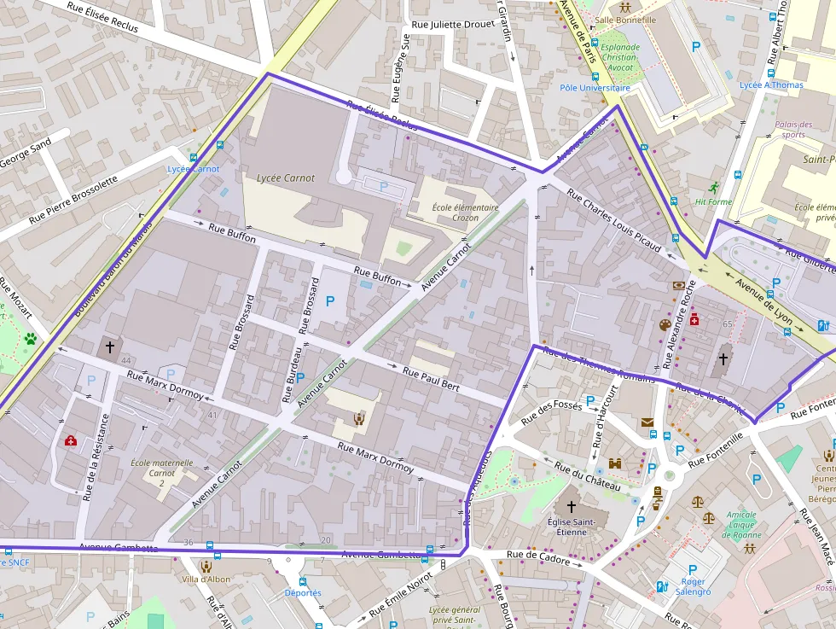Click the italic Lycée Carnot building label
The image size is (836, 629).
pyautogui.click(x=285, y=178)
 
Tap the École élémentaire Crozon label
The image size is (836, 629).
pyautogui.click(x=455, y=213)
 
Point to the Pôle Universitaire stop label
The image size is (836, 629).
pyautogui.click(x=595, y=88)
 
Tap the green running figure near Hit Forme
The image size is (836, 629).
pyautogui.click(x=713, y=188)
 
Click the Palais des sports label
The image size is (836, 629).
pyautogui.click(x=792, y=130)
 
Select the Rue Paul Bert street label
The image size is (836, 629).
pyautogui.click(x=431, y=380)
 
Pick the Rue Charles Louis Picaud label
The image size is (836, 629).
pyautogui.click(x=613, y=220)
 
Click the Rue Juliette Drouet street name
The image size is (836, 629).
pyautogui.click(x=453, y=25)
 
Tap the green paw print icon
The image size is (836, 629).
pyautogui.click(x=31, y=339)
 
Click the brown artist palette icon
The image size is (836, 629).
pyautogui.click(x=665, y=324)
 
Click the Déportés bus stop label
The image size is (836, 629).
pyautogui.click(x=303, y=592)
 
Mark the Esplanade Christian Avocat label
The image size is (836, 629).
pyautogui.click(x=619, y=57)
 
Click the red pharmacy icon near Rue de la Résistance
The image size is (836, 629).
pyautogui.click(x=71, y=440)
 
